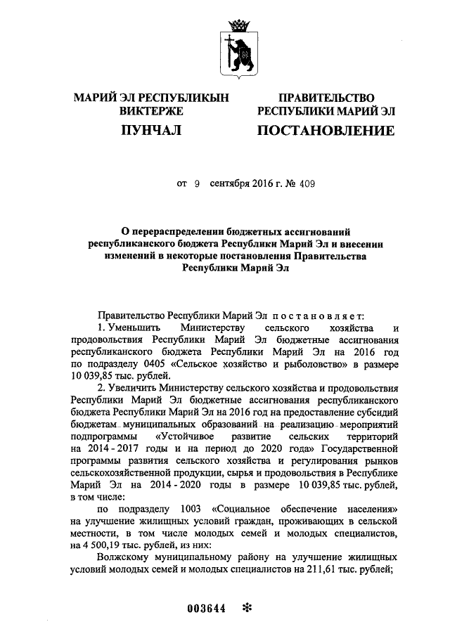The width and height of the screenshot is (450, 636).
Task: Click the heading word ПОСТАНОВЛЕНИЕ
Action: coord(325,131)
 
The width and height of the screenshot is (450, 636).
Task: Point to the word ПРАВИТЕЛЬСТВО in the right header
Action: coord(326,98)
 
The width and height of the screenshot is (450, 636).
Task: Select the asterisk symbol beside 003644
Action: coord(246,608)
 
